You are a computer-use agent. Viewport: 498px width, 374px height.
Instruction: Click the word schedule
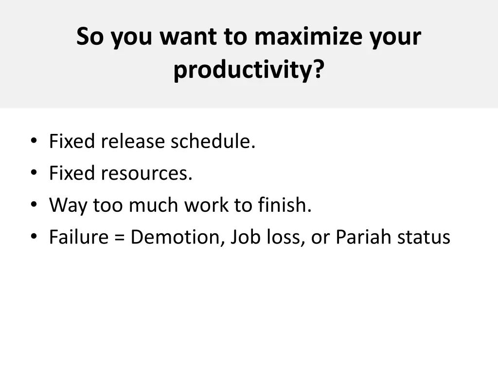tap(213, 142)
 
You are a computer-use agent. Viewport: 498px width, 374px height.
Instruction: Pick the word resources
tap(146, 173)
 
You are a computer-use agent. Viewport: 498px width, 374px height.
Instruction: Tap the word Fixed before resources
tap(72, 173)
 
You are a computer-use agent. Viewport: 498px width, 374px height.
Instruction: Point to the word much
tap(154, 205)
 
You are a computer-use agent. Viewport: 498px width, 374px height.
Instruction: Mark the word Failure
tap(78, 237)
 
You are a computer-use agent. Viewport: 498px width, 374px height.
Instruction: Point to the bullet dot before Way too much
tap(33, 206)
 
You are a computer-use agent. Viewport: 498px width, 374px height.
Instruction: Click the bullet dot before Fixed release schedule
tap(33, 142)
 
